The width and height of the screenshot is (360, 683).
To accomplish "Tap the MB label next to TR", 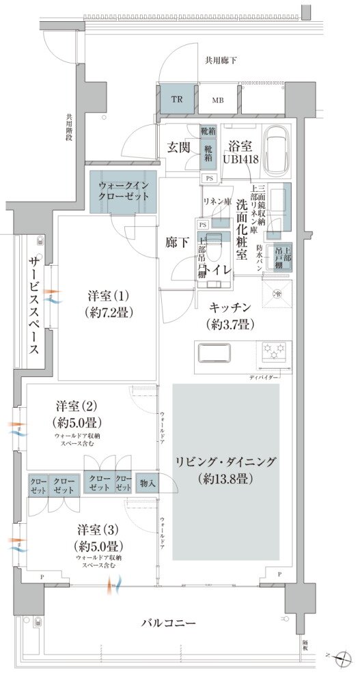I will pyautogui.click(x=217, y=100).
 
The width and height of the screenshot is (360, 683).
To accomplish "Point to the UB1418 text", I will pyautogui.click(x=239, y=158).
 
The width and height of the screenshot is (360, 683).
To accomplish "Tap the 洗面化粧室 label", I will pyautogui.click(x=242, y=229).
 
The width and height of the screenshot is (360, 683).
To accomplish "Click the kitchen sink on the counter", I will pyautogui.click(x=217, y=353).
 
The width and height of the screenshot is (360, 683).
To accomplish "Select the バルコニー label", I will pyautogui.click(x=169, y=624).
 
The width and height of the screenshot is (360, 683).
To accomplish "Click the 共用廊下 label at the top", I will pyautogui.click(x=221, y=60).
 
